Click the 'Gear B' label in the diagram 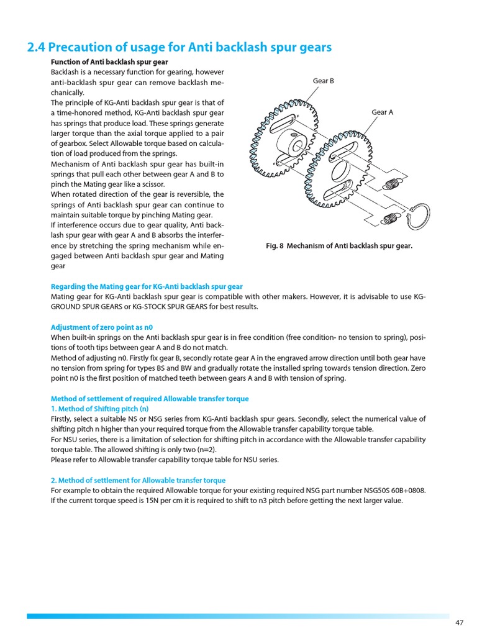tap(323, 81)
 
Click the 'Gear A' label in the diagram tap(382, 112)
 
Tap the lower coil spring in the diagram tap(390, 217)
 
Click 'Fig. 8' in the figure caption tap(275, 246)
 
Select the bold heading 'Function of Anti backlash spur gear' tap(109, 62)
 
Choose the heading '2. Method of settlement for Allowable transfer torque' tap(138, 480)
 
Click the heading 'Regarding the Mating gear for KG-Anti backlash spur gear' tap(147, 286)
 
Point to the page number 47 tap(460, 622)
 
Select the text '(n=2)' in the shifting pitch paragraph tap(205, 450)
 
